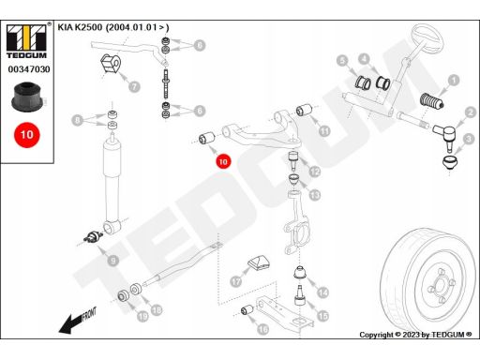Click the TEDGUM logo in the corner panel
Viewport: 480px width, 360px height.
click(26, 41)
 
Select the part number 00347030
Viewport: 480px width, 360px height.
click(29, 69)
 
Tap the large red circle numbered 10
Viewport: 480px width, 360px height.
click(27, 135)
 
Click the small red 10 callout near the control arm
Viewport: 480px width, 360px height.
click(223, 161)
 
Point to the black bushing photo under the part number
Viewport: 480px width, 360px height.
click(27, 97)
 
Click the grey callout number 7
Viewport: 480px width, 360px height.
click(134, 86)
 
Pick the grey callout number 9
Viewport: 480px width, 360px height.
click(112, 261)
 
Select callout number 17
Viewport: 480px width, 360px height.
click(236, 281)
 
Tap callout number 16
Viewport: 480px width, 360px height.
click(262, 329)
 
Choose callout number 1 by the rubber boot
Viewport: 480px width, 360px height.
click(454, 81)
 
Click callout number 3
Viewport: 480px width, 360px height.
click(469, 139)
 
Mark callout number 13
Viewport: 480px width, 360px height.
click(315, 195)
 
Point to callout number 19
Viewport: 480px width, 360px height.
click(142, 317)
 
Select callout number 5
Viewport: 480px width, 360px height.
click(343, 61)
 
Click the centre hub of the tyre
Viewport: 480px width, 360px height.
click(440, 285)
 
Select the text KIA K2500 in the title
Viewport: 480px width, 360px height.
click(80, 27)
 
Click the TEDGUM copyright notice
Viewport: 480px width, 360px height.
click(415, 335)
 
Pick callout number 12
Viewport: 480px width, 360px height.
click(315, 172)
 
